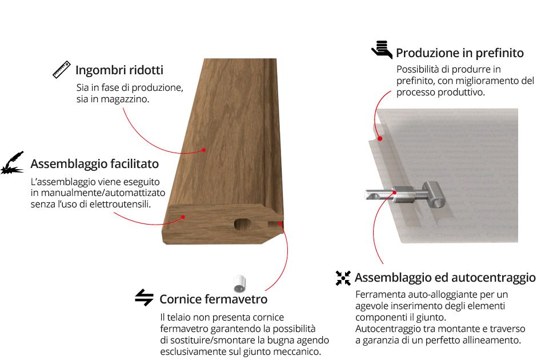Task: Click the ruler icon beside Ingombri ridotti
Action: coord(62,70)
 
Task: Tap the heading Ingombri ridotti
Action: coord(119,70)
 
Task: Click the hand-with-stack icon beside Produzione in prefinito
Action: coord(382,50)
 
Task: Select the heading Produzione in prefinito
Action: coord(460,53)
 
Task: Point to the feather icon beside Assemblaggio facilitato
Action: coord(13,163)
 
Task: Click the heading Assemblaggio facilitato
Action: coord(94,164)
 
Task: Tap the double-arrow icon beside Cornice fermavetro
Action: coord(144,297)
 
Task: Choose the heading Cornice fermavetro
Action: coord(213,299)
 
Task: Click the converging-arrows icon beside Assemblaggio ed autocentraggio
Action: coord(343,278)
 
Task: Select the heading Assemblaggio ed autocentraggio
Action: coord(445,278)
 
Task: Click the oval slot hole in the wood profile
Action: coord(243,224)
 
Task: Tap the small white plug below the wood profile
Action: coord(239,283)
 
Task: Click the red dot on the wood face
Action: coord(203,150)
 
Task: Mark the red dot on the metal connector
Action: coord(395,193)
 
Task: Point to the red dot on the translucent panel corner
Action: coord(380,139)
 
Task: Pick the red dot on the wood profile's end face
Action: coord(183,217)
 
